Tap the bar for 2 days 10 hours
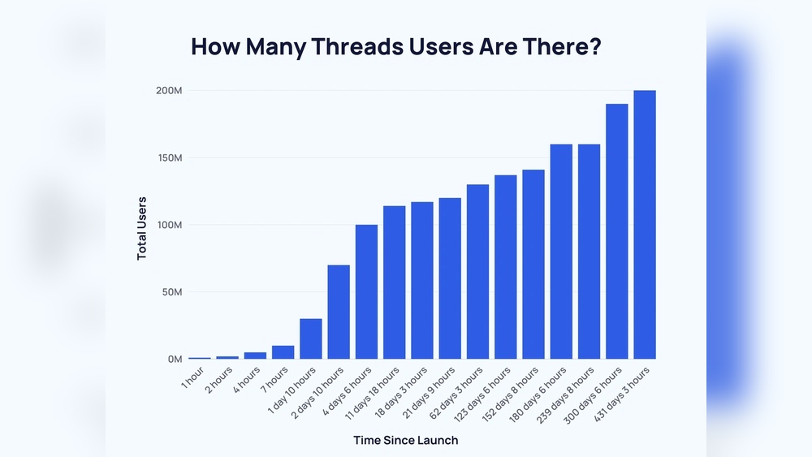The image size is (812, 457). tap(339, 312)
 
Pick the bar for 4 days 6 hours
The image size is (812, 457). tap(366, 291)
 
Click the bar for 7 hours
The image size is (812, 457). tap(283, 352)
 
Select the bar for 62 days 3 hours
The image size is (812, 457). tap(477, 272)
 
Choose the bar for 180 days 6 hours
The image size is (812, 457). tap(561, 252)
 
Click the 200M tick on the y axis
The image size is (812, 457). tap(170, 90)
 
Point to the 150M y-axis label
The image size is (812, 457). tap(170, 157)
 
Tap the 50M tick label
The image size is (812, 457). tap(171, 292)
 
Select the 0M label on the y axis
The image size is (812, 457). tap(175, 360)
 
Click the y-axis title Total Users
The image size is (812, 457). tap(142, 227)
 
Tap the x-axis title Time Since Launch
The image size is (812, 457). tap(405, 440)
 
